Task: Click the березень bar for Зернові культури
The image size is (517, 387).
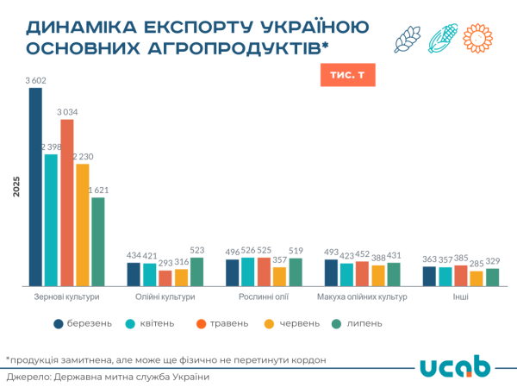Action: (x=35, y=186)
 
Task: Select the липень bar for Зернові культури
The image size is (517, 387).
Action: (x=98, y=241)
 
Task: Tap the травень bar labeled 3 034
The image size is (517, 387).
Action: (x=66, y=203)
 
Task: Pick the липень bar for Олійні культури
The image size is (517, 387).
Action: (x=196, y=272)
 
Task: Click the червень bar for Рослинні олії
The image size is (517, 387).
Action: (x=279, y=276)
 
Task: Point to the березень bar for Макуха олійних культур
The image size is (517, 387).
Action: (x=331, y=272)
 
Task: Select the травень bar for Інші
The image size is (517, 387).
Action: (x=460, y=275)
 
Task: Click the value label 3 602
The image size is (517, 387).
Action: (x=35, y=81)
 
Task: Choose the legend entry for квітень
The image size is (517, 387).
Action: (x=150, y=323)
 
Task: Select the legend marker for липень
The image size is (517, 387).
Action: (x=338, y=323)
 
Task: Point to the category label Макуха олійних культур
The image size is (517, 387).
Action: (x=362, y=297)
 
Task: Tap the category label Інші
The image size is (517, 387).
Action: (x=460, y=297)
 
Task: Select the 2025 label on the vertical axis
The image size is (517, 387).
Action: (x=16, y=186)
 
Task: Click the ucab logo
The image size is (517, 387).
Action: (x=456, y=366)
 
